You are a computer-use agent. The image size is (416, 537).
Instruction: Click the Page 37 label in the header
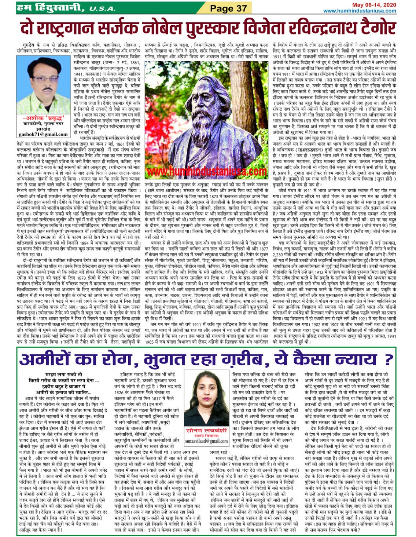click(228, 8)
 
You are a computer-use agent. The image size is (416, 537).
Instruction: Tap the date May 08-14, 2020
click(374, 5)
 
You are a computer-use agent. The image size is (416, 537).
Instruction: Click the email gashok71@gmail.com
click(43, 134)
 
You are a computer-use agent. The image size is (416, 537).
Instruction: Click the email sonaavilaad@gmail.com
click(206, 441)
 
